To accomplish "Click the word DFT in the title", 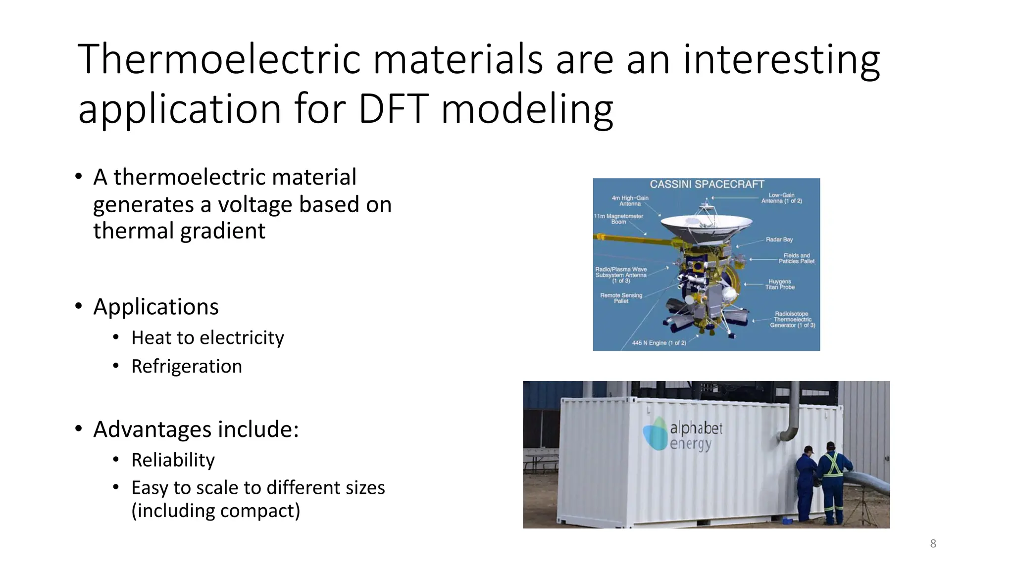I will (393, 109).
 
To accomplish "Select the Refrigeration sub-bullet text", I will (187, 367).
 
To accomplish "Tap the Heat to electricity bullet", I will (207, 338).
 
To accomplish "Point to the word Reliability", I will (173, 460).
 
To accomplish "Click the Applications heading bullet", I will (155, 307).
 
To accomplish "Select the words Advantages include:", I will (196, 429).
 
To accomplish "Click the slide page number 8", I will (933, 544).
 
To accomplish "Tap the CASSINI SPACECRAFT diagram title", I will (707, 185).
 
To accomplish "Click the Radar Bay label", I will (779, 239).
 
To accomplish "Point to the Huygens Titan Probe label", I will (780, 285).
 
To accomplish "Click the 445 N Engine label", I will (659, 343).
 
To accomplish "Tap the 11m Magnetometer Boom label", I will (618, 219).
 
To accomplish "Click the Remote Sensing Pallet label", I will (621, 298).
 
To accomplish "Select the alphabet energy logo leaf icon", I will (655, 433).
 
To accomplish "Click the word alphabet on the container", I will (696, 428).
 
